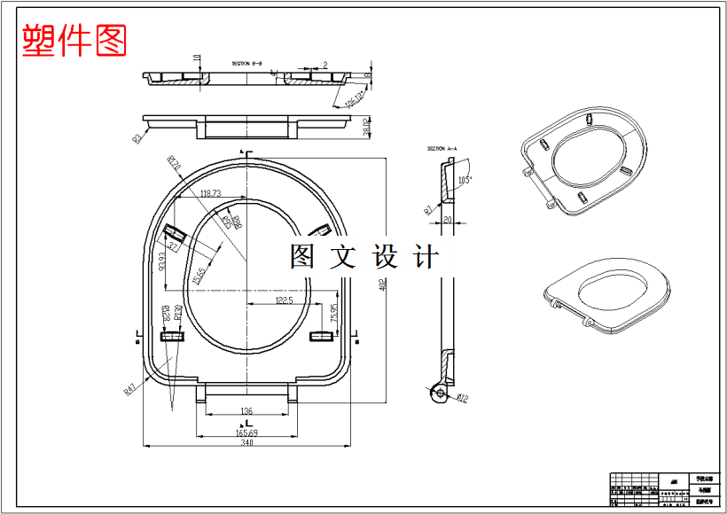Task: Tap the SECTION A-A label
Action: (x=442, y=148)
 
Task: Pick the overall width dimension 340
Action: (x=246, y=442)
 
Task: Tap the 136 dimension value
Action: (x=246, y=411)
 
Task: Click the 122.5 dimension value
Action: (x=284, y=300)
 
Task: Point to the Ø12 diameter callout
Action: (x=463, y=397)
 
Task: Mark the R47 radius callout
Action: (x=129, y=388)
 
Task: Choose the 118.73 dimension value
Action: (x=210, y=192)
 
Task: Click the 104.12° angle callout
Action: (x=355, y=98)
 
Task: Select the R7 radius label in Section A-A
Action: (x=428, y=209)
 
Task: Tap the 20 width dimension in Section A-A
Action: (x=448, y=219)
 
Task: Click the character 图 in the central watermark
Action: (x=302, y=256)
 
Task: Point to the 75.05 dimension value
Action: (x=334, y=312)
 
